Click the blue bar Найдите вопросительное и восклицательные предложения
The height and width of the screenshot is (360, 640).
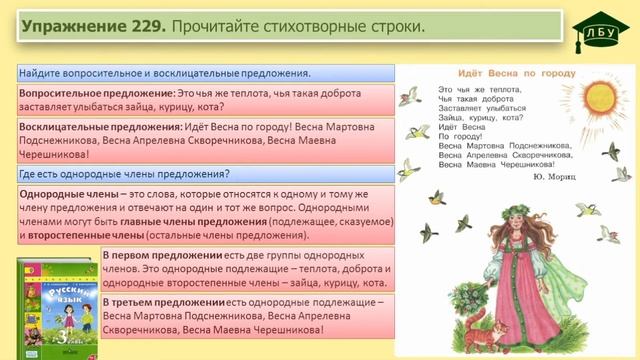[x=165, y=73]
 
